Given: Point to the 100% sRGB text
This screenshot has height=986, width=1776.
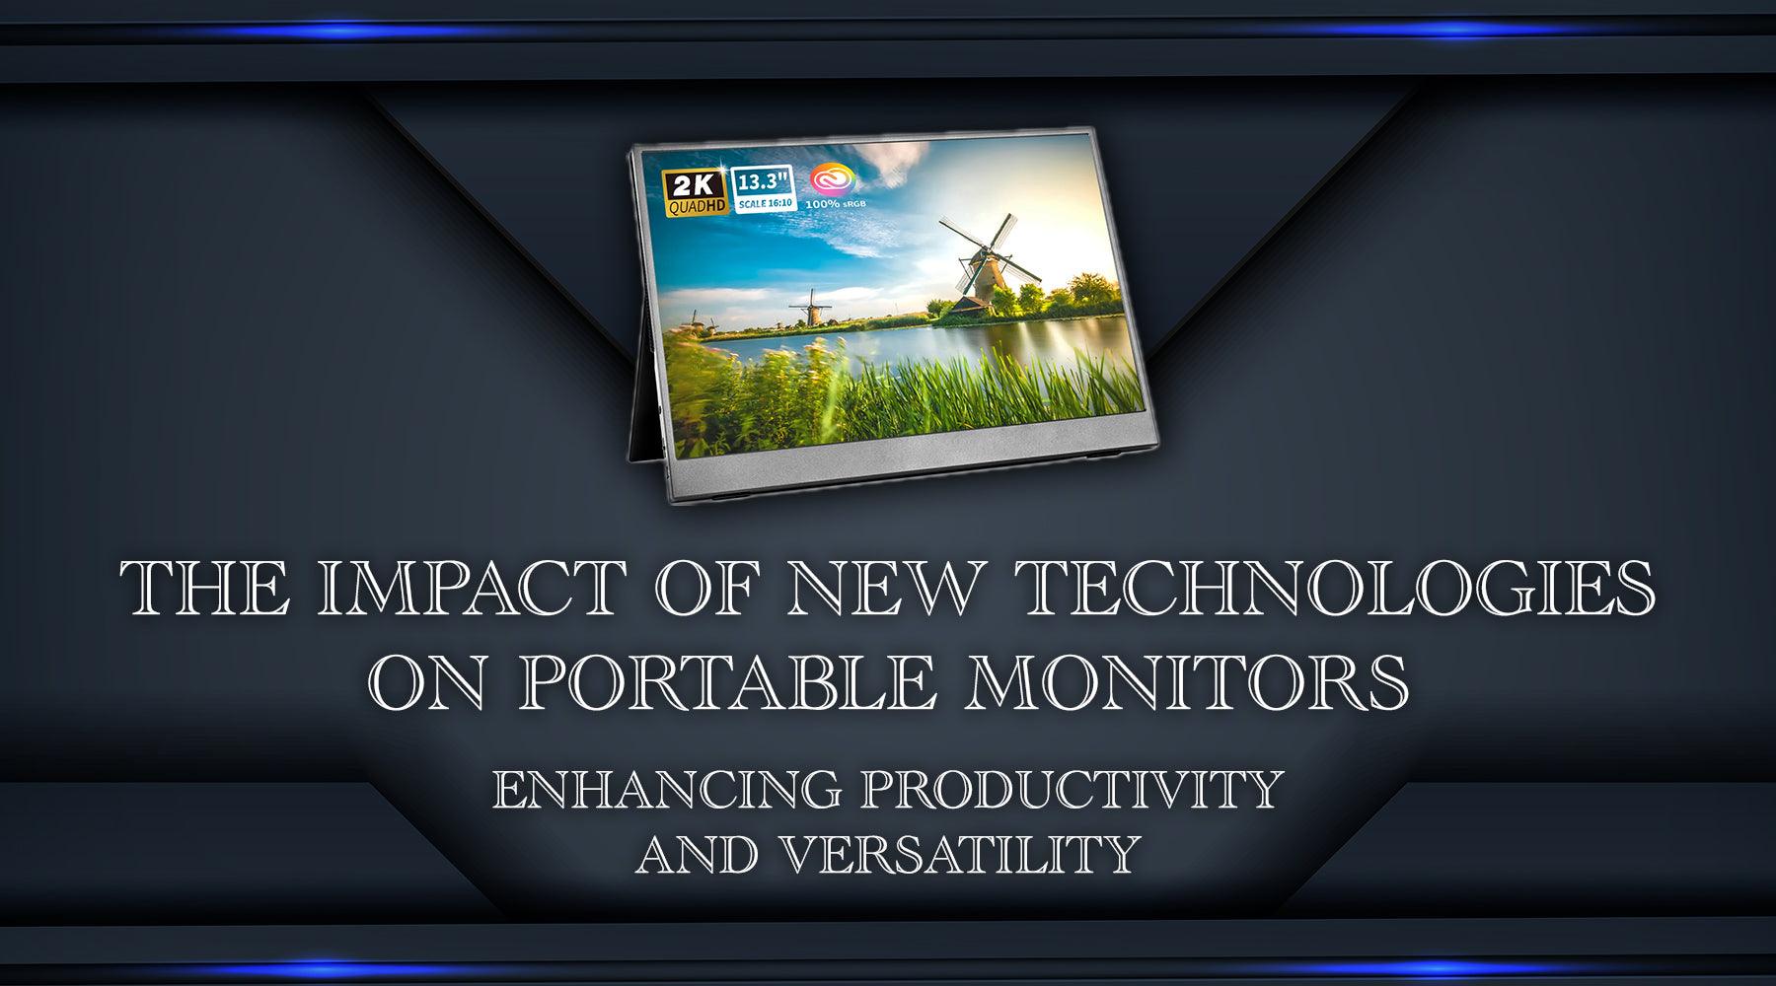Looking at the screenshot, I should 831,204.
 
